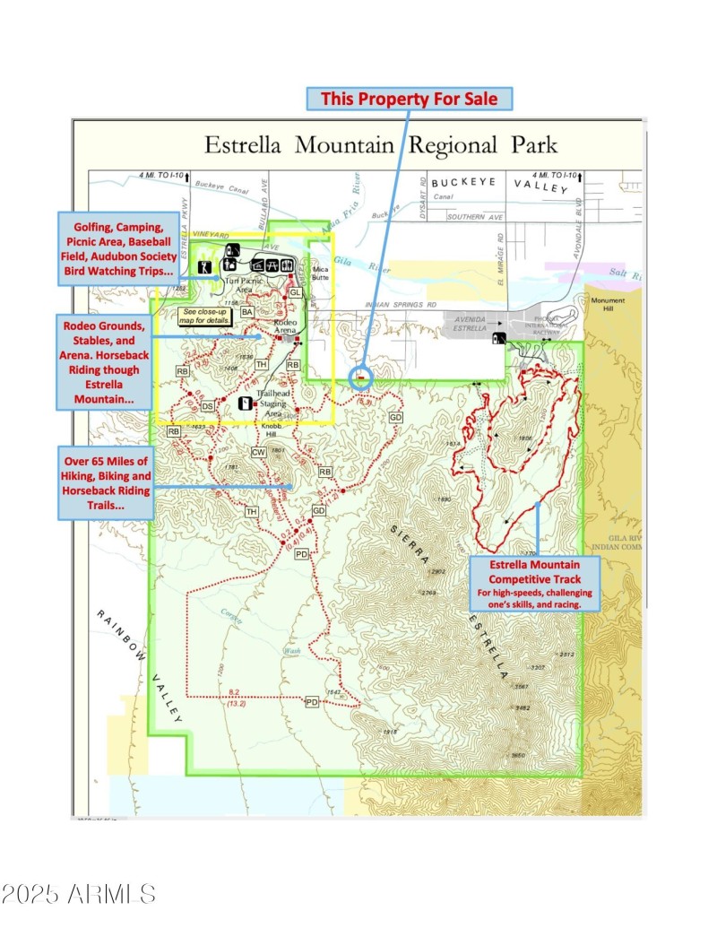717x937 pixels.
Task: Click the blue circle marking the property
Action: pyautogui.click(x=360, y=377)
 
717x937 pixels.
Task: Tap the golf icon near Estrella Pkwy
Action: pyautogui.click(x=205, y=266)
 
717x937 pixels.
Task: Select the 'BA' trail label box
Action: pyautogui.click(x=247, y=311)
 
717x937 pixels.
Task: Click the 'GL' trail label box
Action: pyautogui.click(x=295, y=293)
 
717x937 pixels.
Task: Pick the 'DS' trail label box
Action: pyautogui.click(x=207, y=406)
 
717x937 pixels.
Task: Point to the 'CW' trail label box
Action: pyautogui.click(x=259, y=453)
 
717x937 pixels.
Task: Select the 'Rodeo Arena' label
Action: pyautogui.click(x=284, y=326)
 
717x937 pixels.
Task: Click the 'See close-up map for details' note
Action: pyautogui.click(x=205, y=316)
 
